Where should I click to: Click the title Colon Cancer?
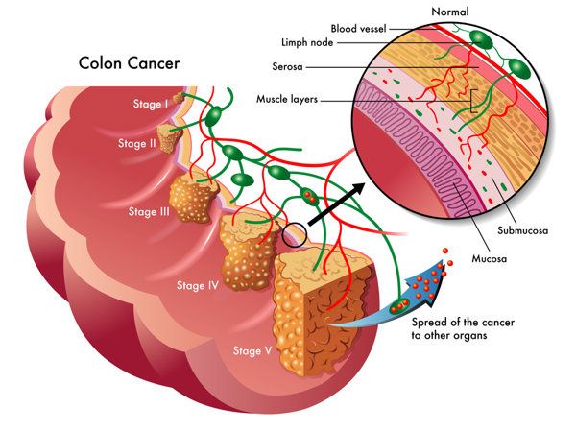tap(129, 63)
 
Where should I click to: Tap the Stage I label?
tap(151, 104)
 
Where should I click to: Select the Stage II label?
tap(137, 143)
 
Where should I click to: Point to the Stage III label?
tap(149, 212)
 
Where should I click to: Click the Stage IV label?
tap(198, 285)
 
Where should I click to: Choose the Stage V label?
tap(252, 350)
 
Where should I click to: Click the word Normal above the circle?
tap(450, 12)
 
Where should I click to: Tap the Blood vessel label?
tap(358, 29)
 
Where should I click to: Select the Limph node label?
tap(307, 42)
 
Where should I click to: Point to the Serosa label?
tap(287, 66)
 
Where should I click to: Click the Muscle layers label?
tap(287, 99)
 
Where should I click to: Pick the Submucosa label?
tap(523, 230)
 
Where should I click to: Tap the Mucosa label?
tap(489, 258)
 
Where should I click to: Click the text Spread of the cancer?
tap(463, 323)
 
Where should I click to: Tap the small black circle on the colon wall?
tap(295, 235)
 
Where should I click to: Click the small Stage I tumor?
tap(179, 98)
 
